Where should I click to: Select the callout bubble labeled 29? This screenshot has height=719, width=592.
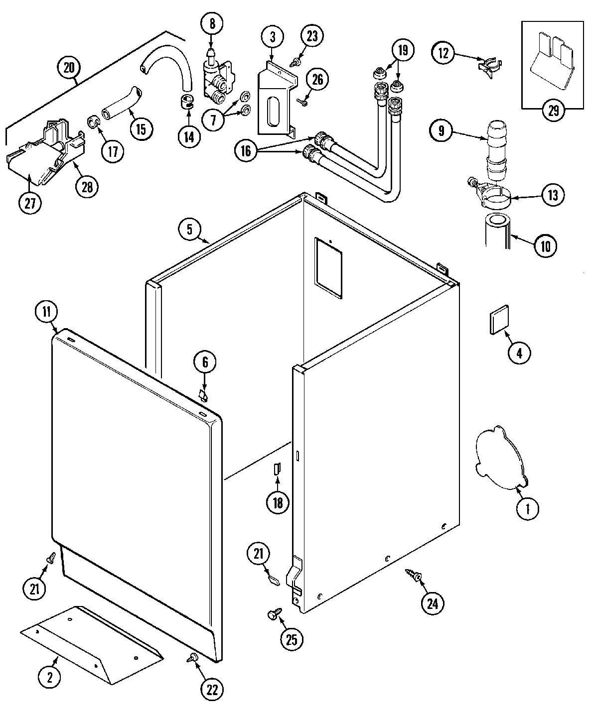(554, 111)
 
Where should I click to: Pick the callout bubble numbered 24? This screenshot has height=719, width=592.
(432, 603)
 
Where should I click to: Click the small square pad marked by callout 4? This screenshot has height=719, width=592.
(499, 319)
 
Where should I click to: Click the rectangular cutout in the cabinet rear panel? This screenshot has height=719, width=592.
(328, 268)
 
